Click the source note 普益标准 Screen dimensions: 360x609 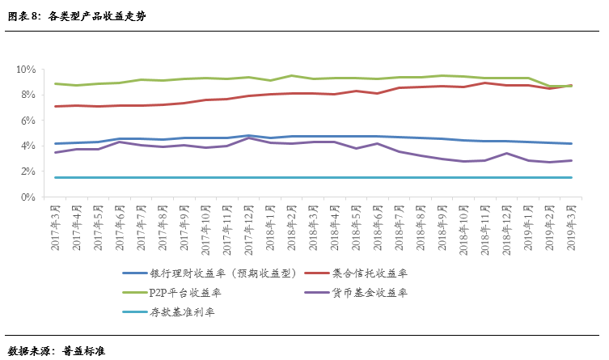pos(84,350)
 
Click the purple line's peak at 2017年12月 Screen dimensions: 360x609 pos(249,138)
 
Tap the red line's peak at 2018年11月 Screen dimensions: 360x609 pos(484,83)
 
